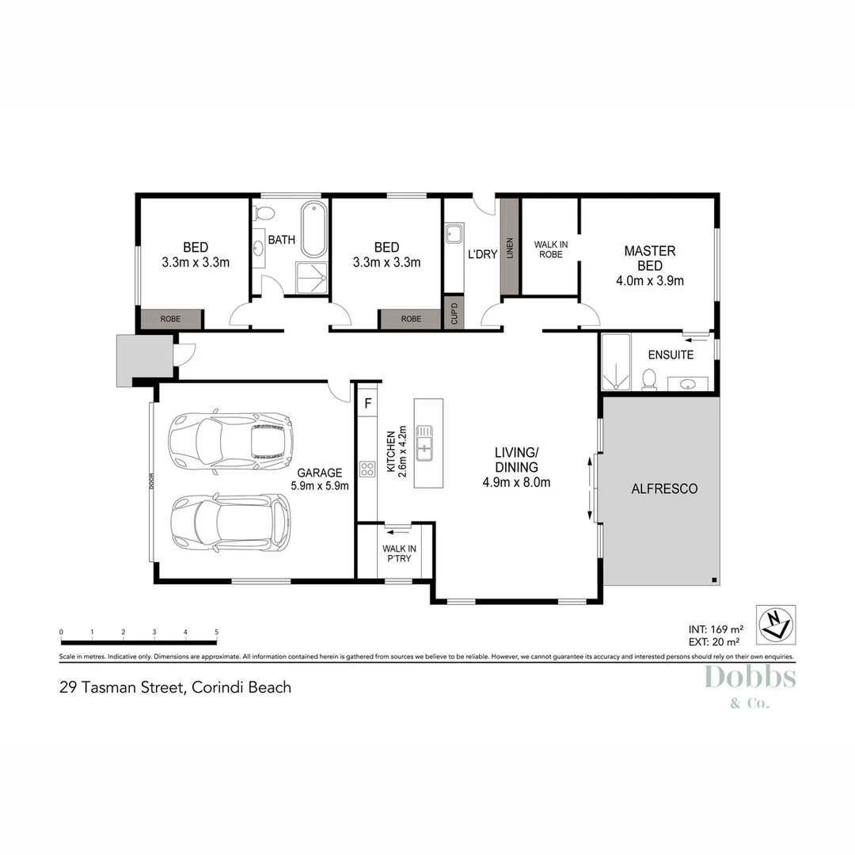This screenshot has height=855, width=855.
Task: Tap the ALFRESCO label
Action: click(x=664, y=489)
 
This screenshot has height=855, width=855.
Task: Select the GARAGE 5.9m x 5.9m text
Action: click(x=321, y=480)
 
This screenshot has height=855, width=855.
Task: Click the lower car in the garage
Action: click(x=230, y=524)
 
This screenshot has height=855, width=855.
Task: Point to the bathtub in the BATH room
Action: click(x=313, y=230)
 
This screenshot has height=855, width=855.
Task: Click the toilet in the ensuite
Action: click(x=649, y=380)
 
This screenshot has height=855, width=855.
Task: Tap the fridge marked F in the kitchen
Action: click(x=367, y=403)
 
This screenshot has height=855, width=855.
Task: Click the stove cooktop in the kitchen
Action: click(x=367, y=469)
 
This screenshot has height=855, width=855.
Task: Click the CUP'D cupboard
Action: click(x=454, y=313)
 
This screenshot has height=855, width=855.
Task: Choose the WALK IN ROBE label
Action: click(x=548, y=249)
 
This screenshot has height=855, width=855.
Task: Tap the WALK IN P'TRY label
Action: click(x=399, y=553)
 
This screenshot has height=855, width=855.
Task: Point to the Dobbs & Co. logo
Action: click(x=749, y=686)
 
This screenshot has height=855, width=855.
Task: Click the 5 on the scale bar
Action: click(x=216, y=632)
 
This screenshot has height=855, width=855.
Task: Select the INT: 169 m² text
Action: click(x=714, y=630)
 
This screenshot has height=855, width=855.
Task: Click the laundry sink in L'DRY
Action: click(x=454, y=234)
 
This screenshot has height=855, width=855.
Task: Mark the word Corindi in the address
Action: click(x=215, y=687)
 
